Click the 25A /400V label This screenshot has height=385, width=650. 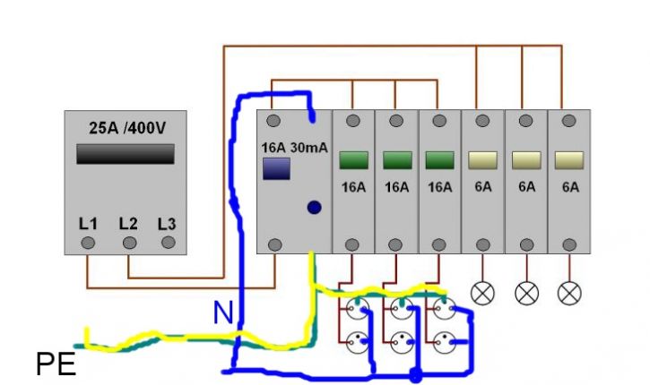tap(127, 128)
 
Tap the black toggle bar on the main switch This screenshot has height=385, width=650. tap(126, 154)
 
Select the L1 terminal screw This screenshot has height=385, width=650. tap(88, 243)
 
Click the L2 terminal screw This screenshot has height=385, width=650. tap(129, 243)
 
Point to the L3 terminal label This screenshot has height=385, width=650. tap(167, 224)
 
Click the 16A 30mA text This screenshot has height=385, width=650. tap(294, 148)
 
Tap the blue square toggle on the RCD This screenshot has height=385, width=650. tap(276, 168)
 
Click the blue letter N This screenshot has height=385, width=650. tap(223, 313)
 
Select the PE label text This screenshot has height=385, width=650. tap(56, 364)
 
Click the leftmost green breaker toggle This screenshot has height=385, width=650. tap(353, 160)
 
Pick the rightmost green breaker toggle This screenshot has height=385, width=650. tap(440, 160)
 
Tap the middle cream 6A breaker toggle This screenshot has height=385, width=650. tap(526, 160)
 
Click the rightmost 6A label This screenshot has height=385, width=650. tap(570, 187)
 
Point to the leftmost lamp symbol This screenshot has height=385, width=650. tap(482, 294)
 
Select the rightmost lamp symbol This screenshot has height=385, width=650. tap(569, 294)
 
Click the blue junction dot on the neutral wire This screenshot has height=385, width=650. tap(415, 375)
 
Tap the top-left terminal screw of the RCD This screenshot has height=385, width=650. tap(273, 121)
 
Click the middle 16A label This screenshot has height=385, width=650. tap(396, 187)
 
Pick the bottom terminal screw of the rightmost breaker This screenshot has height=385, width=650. tap(569, 245)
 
